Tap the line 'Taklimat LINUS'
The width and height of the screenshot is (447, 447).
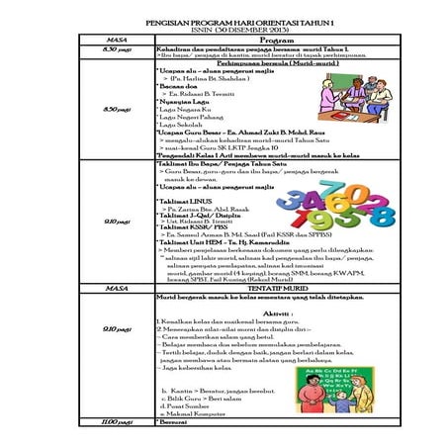[187, 200]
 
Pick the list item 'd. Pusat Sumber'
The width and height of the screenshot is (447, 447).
[194, 403]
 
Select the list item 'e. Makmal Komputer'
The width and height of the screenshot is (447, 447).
[198, 411]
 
